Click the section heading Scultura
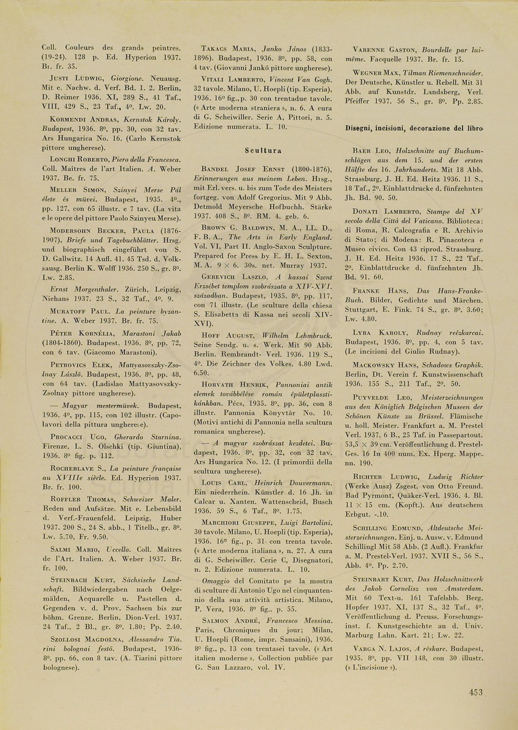click(263, 150)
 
